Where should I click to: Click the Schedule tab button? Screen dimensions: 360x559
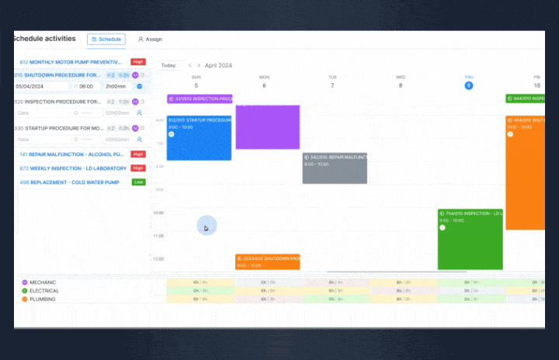point(106,39)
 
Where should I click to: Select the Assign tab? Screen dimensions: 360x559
point(150,39)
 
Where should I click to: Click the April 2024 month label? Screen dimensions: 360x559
point(220,65)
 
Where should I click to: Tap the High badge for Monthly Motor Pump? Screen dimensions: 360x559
point(138,61)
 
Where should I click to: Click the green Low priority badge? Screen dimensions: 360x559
point(138,182)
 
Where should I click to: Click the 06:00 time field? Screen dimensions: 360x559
point(86,87)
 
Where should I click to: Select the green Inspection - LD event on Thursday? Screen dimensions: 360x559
point(470,241)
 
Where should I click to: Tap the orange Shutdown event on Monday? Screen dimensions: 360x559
point(267,261)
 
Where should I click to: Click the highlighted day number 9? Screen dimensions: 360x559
point(469,85)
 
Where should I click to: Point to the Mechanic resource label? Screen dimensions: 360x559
point(43,282)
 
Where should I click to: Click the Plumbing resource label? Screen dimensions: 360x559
point(43,299)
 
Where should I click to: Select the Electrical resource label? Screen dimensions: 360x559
point(43,290)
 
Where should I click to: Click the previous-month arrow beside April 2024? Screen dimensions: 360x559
point(189,65)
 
